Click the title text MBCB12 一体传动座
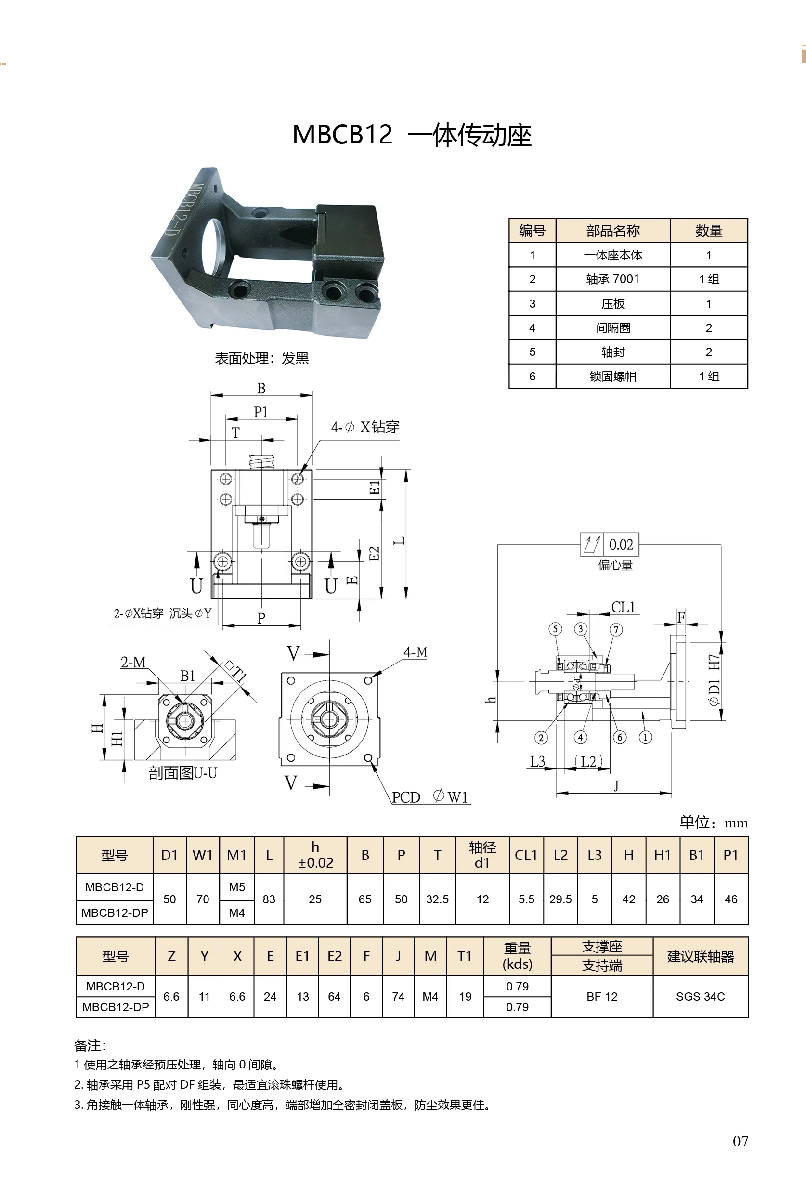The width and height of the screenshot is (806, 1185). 411,135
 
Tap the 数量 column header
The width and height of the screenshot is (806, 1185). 708,231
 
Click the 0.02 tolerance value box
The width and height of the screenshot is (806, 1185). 621,545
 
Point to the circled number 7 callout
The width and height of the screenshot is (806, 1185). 616,630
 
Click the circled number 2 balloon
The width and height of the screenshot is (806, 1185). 541,737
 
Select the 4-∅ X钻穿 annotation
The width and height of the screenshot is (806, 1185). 364,427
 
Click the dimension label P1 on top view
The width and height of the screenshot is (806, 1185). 260,412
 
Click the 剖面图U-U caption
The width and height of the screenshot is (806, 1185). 182,773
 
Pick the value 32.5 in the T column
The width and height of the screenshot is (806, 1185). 437,899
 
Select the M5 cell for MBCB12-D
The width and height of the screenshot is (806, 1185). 236,887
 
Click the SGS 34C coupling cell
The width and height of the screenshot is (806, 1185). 700,996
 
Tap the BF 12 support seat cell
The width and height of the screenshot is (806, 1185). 601,996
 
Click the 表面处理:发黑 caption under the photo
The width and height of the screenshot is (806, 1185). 261,358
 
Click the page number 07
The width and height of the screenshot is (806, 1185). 740,1141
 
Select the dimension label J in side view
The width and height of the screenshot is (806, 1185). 616,786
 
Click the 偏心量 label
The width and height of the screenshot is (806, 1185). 615,565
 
